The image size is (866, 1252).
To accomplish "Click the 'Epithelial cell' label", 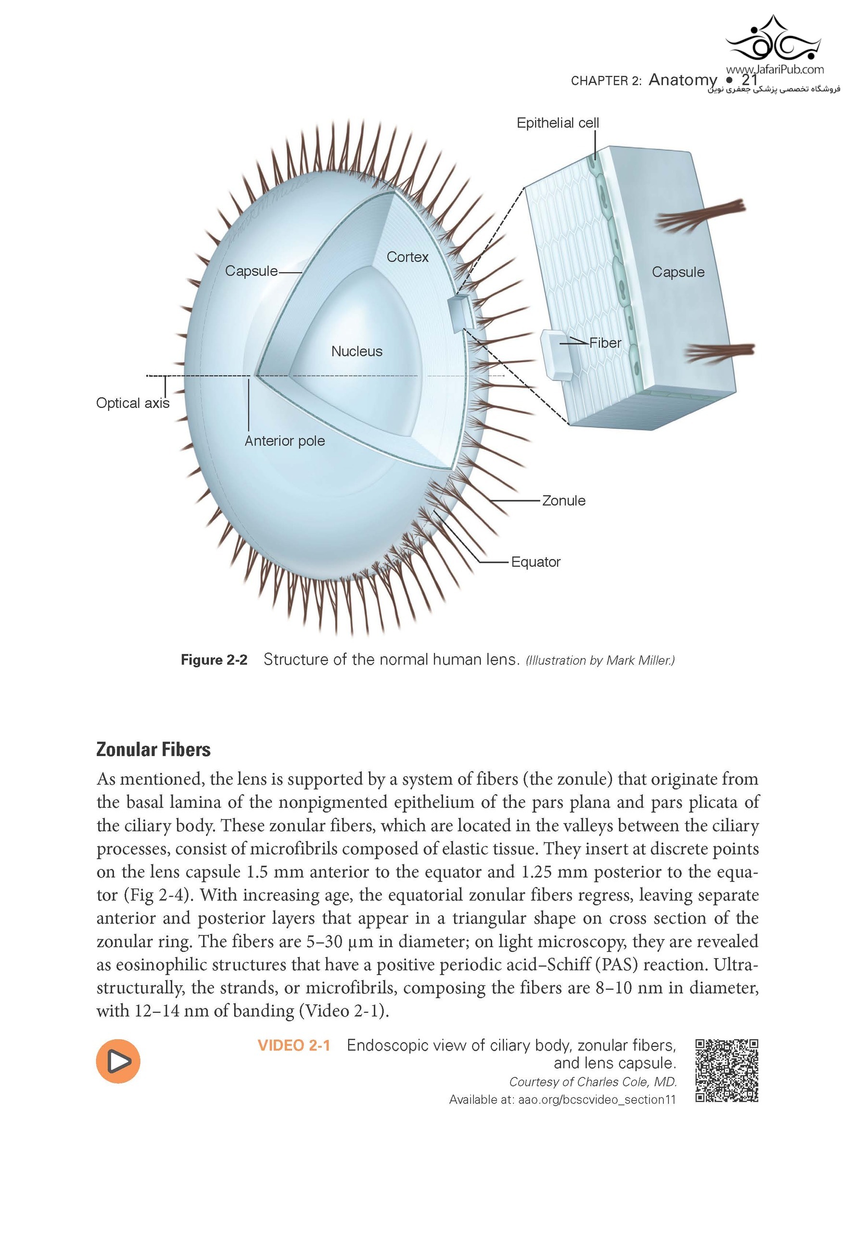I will click(x=557, y=123).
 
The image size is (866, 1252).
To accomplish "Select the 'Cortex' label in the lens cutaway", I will click(x=407, y=257).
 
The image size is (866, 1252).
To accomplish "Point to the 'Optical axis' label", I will click(x=132, y=403).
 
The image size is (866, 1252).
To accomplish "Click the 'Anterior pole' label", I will click(x=284, y=441).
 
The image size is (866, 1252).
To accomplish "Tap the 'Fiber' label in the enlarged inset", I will click(x=605, y=343).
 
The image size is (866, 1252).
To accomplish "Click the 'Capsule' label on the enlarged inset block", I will click(x=678, y=272).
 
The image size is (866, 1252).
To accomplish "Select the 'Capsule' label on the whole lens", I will click(x=251, y=271).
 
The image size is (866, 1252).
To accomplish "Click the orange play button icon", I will click(x=118, y=1061).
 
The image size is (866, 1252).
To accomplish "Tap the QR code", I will click(x=726, y=1070).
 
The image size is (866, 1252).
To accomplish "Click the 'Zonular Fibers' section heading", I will click(x=153, y=749).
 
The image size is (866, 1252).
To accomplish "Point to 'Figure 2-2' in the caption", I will click(x=214, y=660).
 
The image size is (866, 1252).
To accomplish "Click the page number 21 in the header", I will click(x=750, y=79).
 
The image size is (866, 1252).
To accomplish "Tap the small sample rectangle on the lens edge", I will click(x=459, y=314).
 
